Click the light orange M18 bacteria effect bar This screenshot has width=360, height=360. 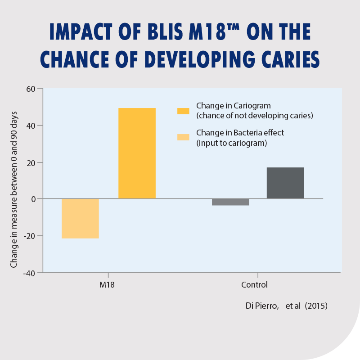(x=80, y=219)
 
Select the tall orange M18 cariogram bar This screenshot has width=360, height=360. (x=137, y=153)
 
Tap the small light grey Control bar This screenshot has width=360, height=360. (x=230, y=202)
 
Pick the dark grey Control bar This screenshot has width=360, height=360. (x=285, y=183)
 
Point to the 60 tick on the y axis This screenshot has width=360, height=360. (x=31, y=89)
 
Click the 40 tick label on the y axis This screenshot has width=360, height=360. (x=31, y=126)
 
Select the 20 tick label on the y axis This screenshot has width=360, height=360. (x=31, y=162)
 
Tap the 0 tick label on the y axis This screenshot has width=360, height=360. (x=33, y=199)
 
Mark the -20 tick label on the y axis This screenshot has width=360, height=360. (x=30, y=236)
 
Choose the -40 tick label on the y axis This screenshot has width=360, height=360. (x=30, y=273)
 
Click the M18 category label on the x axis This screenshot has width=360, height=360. (x=107, y=285)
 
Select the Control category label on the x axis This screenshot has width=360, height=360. (x=254, y=285)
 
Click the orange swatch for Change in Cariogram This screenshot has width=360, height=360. (x=183, y=111)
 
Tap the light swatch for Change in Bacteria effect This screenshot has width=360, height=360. (x=183, y=137)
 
